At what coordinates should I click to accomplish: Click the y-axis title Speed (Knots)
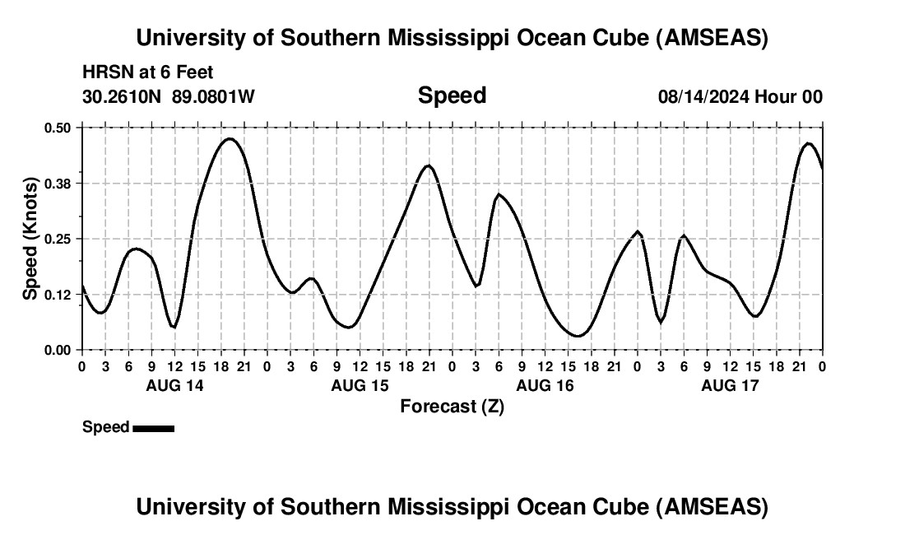point(30,239)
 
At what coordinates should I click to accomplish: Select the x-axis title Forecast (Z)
point(452,407)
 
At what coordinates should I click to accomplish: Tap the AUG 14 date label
point(174,385)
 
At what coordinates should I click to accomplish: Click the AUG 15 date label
point(360,385)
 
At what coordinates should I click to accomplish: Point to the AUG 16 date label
point(545,385)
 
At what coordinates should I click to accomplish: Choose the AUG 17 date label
point(730,385)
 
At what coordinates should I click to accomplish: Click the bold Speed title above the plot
point(452,95)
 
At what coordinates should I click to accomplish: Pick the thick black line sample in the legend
point(153,428)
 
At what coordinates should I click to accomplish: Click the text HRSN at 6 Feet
point(148,73)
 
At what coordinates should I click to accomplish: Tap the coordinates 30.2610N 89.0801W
point(169,97)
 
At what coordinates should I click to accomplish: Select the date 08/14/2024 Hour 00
point(740,97)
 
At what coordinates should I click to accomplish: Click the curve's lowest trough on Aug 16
point(578,336)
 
